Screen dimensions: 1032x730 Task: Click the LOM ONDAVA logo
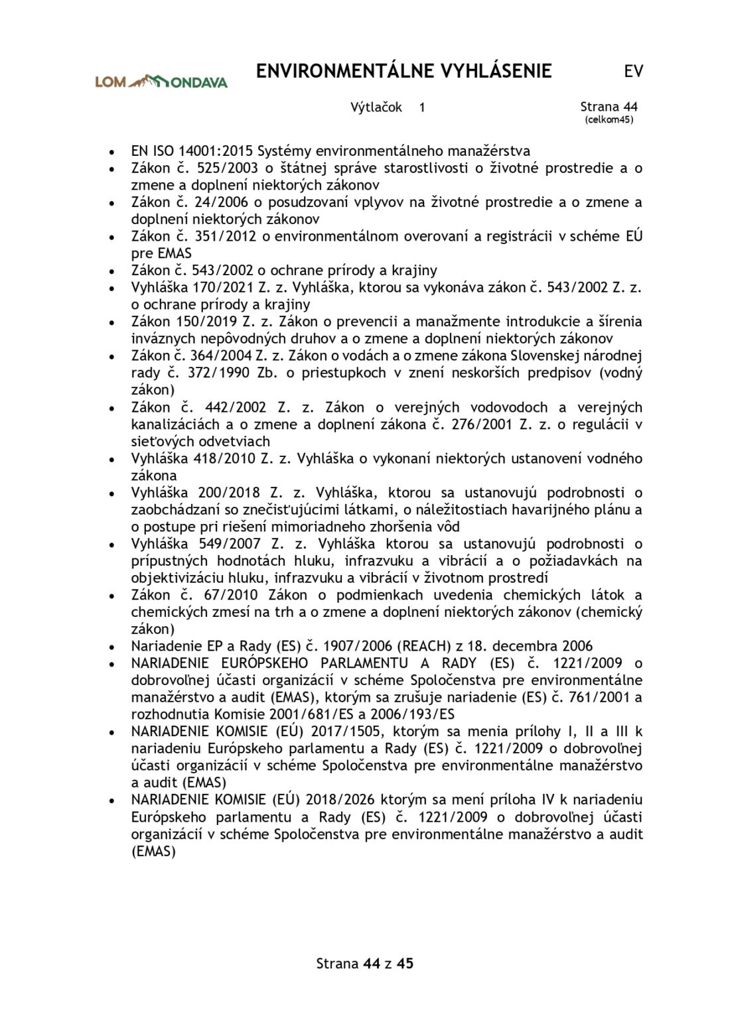click(x=161, y=82)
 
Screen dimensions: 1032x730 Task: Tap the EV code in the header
click(x=633, y=72)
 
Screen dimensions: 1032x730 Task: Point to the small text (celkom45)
click(x=609, y=120)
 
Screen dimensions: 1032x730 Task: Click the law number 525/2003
click(x=232, y=168)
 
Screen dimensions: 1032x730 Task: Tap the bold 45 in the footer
click(x=405, y=963)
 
